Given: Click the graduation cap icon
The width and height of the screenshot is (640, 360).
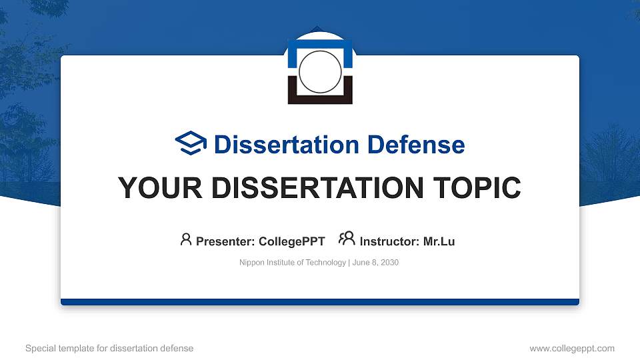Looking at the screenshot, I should (191, 143).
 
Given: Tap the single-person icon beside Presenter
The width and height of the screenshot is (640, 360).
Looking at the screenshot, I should (186, 239).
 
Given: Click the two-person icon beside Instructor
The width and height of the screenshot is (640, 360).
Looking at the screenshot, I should (347, 239).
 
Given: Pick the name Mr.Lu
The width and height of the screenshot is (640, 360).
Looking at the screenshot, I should (439, 241).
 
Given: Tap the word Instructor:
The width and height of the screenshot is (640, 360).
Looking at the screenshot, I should (389, 241).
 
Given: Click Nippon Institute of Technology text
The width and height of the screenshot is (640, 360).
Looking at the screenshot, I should (292, 263).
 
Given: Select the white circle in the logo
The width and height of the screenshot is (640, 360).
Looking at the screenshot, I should (320, 72).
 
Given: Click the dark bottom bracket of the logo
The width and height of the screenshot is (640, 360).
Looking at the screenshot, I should (320, 99).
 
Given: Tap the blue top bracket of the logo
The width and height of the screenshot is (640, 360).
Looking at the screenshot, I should (320, 43).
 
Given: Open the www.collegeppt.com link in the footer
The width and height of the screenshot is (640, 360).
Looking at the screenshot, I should (571, 348).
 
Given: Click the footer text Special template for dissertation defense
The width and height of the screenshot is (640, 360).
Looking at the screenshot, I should (109, 348).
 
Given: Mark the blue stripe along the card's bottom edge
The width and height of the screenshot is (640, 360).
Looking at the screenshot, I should (320, 302).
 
